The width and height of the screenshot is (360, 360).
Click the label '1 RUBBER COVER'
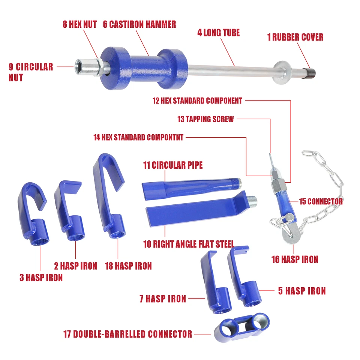click(x=295, y=37)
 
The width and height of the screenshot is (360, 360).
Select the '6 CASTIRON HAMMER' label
click(x=139, y=24)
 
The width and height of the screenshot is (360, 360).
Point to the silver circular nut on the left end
click(x=85, y=67)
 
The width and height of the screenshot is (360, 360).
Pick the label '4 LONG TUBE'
click(x=219, y=33)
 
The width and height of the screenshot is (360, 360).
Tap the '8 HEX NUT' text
click(x=79, y=24)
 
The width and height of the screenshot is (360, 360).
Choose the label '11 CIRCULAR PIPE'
click(x=173, y=165)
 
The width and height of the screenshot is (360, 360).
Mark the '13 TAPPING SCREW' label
click(x=205, y=119)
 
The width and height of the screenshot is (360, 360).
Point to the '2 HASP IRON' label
click(x=75, y=266)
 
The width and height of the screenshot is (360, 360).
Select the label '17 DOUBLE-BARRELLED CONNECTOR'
click(x=127, y=334)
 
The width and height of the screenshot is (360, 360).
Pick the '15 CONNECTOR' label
click(x=321, y=201)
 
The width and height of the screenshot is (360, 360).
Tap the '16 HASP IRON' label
click(x=295, y=259)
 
